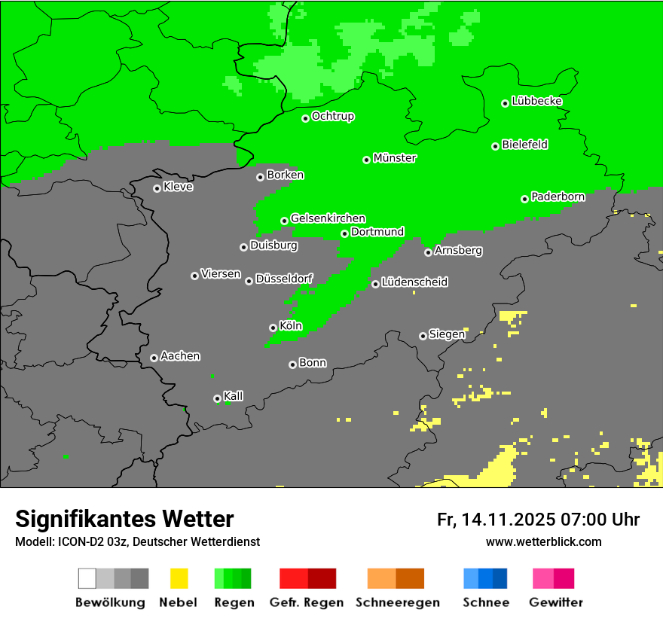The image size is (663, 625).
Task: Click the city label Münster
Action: coord(395,158)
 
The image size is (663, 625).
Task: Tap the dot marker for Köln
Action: coord(273,328)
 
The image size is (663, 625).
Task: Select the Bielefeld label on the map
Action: coord(525,145)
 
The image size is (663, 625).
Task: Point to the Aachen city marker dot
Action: coord(154,358)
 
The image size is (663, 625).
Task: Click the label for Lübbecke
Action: coord(536,101)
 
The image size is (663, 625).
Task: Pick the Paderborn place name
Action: coord(558,197)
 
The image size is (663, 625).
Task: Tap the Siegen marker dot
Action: coord(423,336)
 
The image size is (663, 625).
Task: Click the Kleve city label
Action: coord(178,187)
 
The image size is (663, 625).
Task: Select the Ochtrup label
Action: coord(333,117)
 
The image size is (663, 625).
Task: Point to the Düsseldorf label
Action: coord(284,279)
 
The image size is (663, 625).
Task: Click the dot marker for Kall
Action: coord(217,398)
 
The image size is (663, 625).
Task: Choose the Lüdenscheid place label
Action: coord(414,282)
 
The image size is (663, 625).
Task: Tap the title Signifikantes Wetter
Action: coord(124,519)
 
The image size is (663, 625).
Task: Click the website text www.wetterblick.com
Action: coord(543,541)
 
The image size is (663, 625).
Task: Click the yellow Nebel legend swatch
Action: coord(179,578)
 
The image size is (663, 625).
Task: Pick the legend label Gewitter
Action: coord(555,602)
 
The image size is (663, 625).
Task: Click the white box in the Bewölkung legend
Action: coord(87,578)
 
